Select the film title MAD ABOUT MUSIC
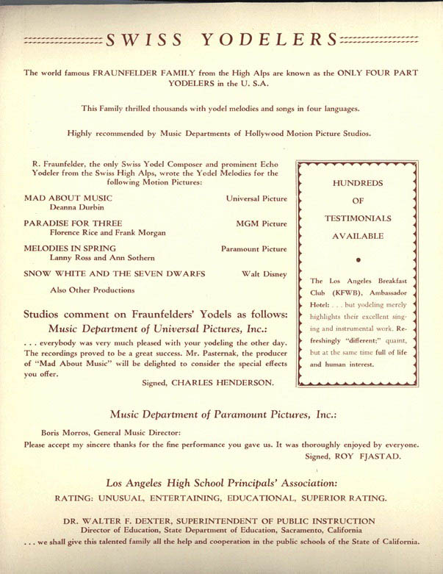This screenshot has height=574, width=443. coord(68,198)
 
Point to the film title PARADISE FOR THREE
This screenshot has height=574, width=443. coord(73,223)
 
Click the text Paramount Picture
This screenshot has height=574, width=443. coord(254,249)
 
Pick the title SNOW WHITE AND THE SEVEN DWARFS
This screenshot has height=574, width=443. coord(115,273)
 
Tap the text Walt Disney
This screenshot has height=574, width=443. coord(264,273)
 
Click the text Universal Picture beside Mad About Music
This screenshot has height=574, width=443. coord(256,198)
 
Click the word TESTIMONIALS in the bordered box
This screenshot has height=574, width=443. coord(358,218)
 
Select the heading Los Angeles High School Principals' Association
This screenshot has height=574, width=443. coord(221,483)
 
